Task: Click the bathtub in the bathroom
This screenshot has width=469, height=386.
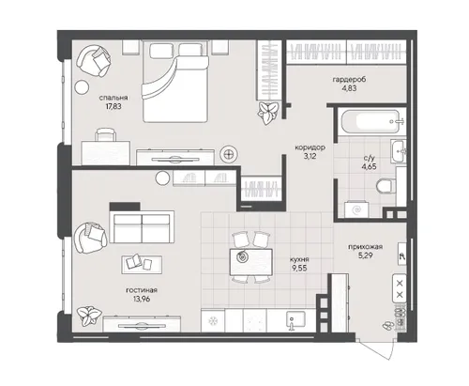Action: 371,122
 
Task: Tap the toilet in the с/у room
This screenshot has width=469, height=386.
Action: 386,186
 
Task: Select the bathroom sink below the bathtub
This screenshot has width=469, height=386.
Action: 399,151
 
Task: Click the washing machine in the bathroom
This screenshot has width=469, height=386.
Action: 356,209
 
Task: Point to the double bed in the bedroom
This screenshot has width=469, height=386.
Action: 175,82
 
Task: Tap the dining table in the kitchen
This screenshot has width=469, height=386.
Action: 250,262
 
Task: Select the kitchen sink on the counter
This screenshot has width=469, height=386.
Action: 295,320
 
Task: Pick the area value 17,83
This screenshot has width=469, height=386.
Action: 113,106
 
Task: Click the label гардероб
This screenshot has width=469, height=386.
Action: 349,80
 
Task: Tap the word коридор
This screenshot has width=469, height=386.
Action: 310,147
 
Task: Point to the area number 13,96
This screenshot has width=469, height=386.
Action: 142,299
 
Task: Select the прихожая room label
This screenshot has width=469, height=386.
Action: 366,247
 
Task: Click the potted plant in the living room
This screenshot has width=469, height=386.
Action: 89,315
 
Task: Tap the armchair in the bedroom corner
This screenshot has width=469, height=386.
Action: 94,61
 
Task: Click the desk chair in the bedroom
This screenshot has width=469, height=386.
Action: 106,134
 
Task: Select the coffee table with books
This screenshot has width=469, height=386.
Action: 142,265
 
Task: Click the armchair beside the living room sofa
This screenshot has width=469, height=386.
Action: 90,238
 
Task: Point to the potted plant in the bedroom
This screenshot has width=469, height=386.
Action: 267,113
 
